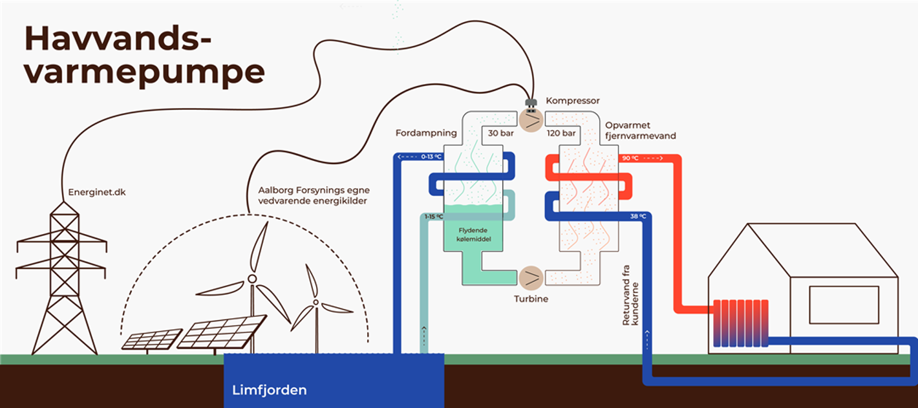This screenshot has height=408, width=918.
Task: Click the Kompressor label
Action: click(x=573, y=101)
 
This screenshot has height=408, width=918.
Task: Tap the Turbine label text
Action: click(x=531, y=299)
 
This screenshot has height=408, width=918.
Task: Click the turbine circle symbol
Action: click(x=531, y=277)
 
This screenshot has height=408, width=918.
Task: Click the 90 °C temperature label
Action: click(x=630, y=158)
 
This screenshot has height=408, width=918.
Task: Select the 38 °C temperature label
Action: click(x=638, y=216)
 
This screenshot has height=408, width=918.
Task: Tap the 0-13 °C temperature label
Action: click(x=431, y=156)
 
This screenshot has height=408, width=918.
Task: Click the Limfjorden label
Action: click(x=270, y=390)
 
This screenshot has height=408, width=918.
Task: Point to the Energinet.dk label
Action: click(x=94, y=192)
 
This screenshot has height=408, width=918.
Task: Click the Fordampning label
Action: click(x=426, y=133)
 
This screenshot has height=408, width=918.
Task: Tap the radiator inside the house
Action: click(x=740, y=323)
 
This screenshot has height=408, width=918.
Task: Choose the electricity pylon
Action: click(x=61, y=278)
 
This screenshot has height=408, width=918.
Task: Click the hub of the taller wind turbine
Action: click(x=252, y=279)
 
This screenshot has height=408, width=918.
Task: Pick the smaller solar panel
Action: click(x=152, y=339)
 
